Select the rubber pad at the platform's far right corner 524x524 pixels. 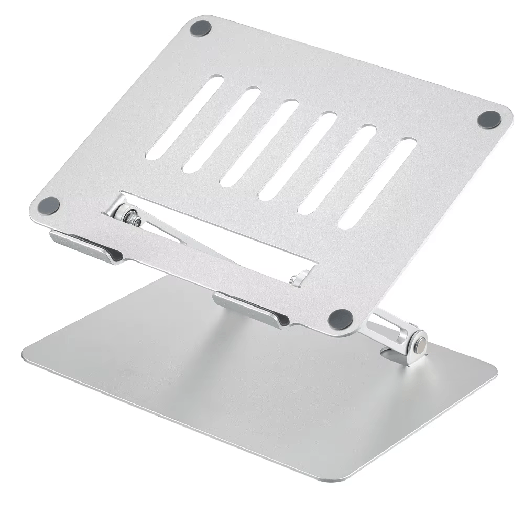pos(490,119)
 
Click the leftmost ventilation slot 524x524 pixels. pos(184,117)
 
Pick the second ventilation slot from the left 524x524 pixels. pos(222,129)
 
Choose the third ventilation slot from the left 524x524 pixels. pos(259,143)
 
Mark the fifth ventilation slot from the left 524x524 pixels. pos(337,169)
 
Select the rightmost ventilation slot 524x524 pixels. pos(377,183)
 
